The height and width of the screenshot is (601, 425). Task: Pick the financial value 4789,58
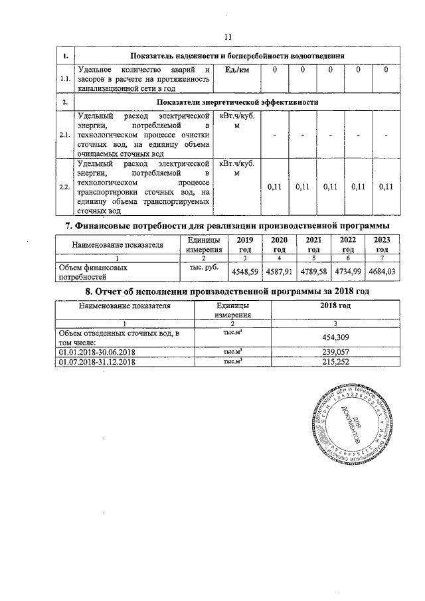coord(313,271)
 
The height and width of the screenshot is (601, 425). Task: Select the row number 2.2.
coord(65,187)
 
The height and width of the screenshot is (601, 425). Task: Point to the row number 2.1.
coord(65,135)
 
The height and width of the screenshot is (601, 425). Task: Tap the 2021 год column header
coord(313,244)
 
